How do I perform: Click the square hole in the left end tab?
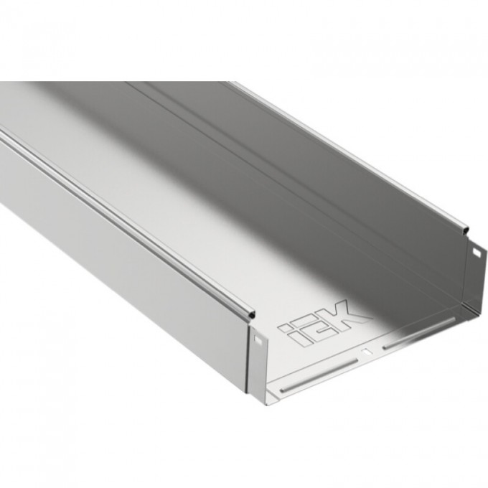[256, 342]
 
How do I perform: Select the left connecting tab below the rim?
[258, 359]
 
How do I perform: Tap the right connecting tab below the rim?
[476, 269]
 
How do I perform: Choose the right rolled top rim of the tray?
[344, 151]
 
